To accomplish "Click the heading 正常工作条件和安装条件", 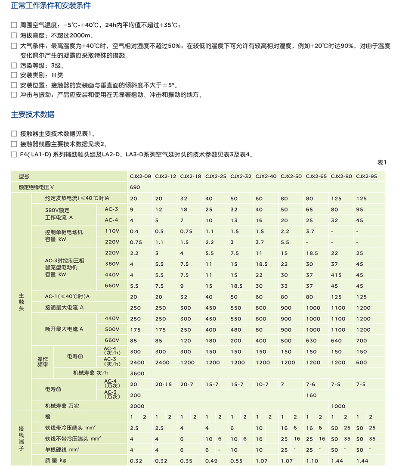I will [x=51, y=6].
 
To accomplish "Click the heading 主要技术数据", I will [x=33, y=115].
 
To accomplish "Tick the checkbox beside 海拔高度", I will [x=14, y=36].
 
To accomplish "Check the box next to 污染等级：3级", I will [x=14, y=65].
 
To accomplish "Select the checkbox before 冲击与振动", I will [x=14, y=95].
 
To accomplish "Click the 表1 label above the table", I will [x=382, y=162].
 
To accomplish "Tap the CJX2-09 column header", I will [x=140, y=176].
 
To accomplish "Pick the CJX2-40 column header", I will [x=266, y=176].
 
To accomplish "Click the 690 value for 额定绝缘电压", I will [x=134, y=187].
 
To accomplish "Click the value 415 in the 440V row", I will [x=337, y=275].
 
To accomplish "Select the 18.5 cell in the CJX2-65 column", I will [x=312, y=253].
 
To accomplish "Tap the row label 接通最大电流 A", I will [x=64, y=308].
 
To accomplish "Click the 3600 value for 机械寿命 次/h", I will [x=137, y=373].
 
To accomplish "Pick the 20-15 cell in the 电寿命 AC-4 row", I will [x=163, y=384].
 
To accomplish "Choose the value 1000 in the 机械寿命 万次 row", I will [x=338, y=406].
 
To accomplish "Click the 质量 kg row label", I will [x=56, y=461].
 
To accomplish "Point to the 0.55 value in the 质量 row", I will [x=236, y=461].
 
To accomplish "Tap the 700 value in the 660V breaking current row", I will [x=361, y=341].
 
